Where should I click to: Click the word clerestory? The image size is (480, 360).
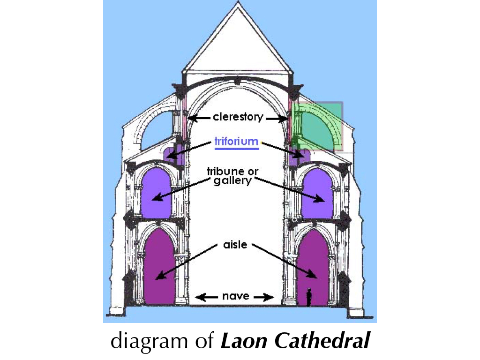(238, 117)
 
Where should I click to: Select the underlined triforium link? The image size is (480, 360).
(236, 142)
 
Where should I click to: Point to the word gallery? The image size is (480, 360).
(232, 180)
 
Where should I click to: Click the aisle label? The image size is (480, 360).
(235, 245)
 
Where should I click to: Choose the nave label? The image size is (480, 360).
(235, 296)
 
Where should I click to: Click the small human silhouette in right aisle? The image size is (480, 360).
(309, 297)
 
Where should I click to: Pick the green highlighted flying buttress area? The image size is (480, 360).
(317, 126)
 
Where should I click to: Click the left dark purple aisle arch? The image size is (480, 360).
(159, 267)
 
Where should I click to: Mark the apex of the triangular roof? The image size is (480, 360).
(238, 1)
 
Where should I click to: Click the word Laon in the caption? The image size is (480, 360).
(244, 340)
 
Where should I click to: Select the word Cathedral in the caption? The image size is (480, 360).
(322, 340)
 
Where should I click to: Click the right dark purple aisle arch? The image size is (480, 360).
(313, 267)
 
